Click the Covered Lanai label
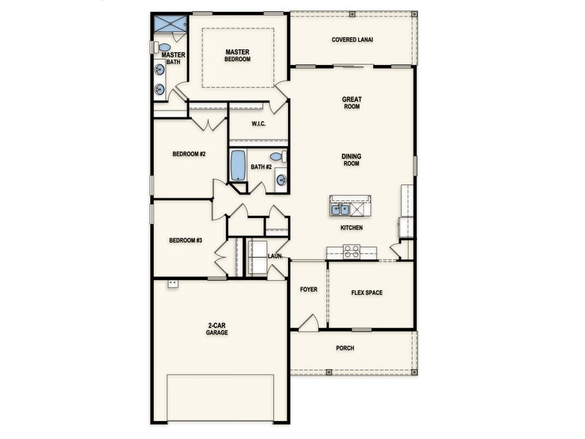click(x=352, y=40)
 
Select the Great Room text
click(x=351, y=102)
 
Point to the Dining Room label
click(x=351, y=160)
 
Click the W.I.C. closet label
click(x=259, y=124)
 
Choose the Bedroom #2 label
click(x=189, y=154)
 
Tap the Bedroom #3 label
click(x=185, y=240)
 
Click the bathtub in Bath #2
click(x=237, y=166)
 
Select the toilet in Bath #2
click(x=276, y=157)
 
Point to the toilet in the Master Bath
click(x=164, y=47)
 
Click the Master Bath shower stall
click(x=169, y=23)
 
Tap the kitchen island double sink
click(x=340, y=210)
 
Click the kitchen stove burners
click(x=351, y=252)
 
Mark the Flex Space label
click(x=366, y=293)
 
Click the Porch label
click(x=345, y=348)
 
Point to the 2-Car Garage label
click(x=218, y=329)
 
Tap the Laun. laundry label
click(x=275, y=256)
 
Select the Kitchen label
click(x=351, y=228)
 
